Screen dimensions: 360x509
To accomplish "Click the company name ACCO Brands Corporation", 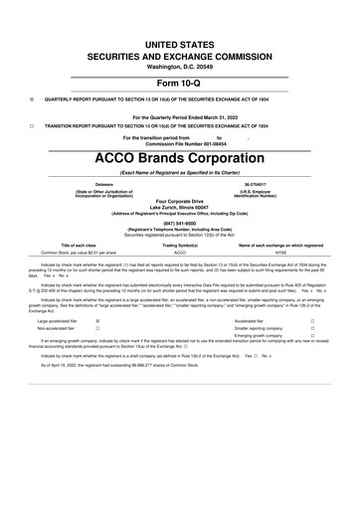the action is click(x=180, y=157).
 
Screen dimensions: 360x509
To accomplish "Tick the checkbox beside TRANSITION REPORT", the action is click(x=33, y=125).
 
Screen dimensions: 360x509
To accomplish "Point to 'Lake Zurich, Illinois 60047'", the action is click(x=180, y=206).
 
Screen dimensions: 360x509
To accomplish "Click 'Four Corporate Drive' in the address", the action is click(x=180, y=200).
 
